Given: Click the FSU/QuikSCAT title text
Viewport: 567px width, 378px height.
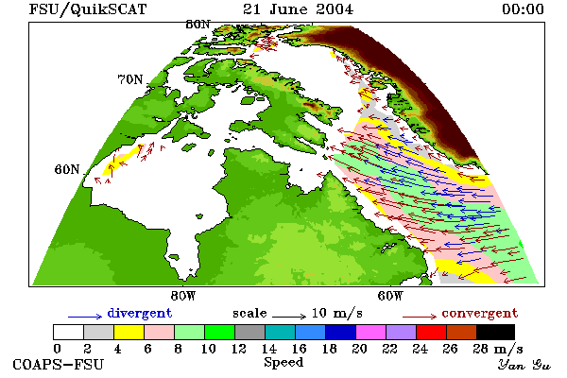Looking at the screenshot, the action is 88,9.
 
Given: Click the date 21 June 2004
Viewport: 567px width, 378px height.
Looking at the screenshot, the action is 298,9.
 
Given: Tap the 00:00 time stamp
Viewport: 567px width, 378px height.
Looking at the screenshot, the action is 523,9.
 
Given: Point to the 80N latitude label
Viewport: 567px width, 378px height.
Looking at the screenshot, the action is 198,25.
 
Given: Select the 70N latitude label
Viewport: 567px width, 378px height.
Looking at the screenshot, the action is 130,79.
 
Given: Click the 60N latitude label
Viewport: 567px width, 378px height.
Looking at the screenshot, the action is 67,169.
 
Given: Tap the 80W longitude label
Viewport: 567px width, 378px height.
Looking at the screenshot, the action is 183,296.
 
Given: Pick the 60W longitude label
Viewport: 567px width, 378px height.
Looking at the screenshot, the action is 390,296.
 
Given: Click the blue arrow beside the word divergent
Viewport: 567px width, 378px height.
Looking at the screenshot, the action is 85,317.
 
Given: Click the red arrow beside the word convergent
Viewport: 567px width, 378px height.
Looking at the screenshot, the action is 420,317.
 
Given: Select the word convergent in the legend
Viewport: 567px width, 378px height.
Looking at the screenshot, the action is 480,313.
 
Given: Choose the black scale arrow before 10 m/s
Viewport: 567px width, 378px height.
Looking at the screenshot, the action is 289,317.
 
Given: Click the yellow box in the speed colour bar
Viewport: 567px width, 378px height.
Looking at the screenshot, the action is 129,332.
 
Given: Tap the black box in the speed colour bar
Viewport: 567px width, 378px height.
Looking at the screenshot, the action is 495,332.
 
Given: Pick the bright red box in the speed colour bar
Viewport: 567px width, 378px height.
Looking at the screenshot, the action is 432,332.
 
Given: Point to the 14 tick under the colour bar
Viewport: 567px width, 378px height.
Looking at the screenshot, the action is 268,349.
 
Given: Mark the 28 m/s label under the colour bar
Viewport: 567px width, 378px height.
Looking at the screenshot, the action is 498,349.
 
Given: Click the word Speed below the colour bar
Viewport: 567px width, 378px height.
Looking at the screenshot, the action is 283,363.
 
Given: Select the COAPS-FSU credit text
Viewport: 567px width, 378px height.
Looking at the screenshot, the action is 59,364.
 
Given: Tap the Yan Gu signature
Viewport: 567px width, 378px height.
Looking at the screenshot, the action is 524,365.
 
